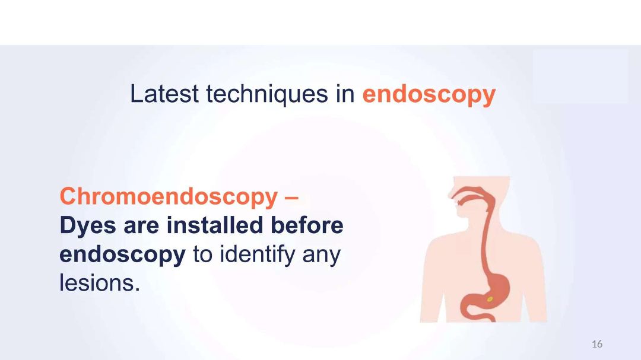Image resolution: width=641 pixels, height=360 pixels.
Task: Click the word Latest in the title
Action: click(x=164, y=94)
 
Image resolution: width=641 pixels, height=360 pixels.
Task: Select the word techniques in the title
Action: click(x=267, y=94)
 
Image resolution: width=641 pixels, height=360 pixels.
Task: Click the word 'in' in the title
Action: click(x=345, y=94)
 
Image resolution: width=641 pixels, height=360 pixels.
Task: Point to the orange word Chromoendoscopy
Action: click(x=169, y=196)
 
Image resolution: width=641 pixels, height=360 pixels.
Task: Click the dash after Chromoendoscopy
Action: click(x=291, y=197)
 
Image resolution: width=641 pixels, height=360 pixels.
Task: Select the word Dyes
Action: click(x=88, y=226)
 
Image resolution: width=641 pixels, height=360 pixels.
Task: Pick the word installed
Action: click(x=215, y=225)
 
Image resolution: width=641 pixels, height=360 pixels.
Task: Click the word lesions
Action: click(x=100, y=283)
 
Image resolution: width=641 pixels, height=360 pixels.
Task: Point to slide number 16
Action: click(x=597, y=344)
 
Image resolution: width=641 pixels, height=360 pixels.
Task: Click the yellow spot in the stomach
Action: click(x=490, y=300)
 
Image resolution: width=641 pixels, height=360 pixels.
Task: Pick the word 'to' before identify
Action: click(x=203, y=256)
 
